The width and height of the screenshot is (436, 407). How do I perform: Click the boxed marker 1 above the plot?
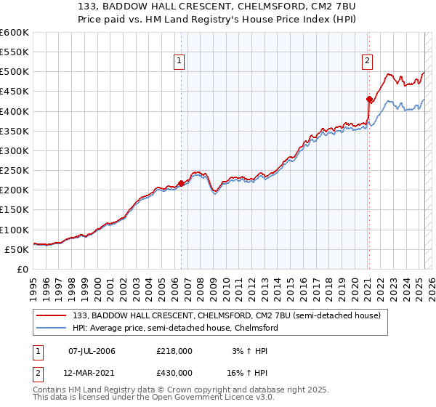pyautogui.click(x=179, y=62)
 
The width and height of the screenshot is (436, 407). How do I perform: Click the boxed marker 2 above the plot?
pyautogui.click(x=368, y=62)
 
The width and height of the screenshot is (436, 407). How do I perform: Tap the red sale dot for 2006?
pyautogui.click(x=181, y=183)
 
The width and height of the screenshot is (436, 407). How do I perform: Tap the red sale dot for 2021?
pyautogui.click(x=369, y=99)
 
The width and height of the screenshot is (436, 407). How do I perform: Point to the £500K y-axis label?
pyautogui.click(x=15, y=72)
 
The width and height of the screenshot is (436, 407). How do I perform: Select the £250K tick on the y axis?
pyautogui.click(x=15, y=171)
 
